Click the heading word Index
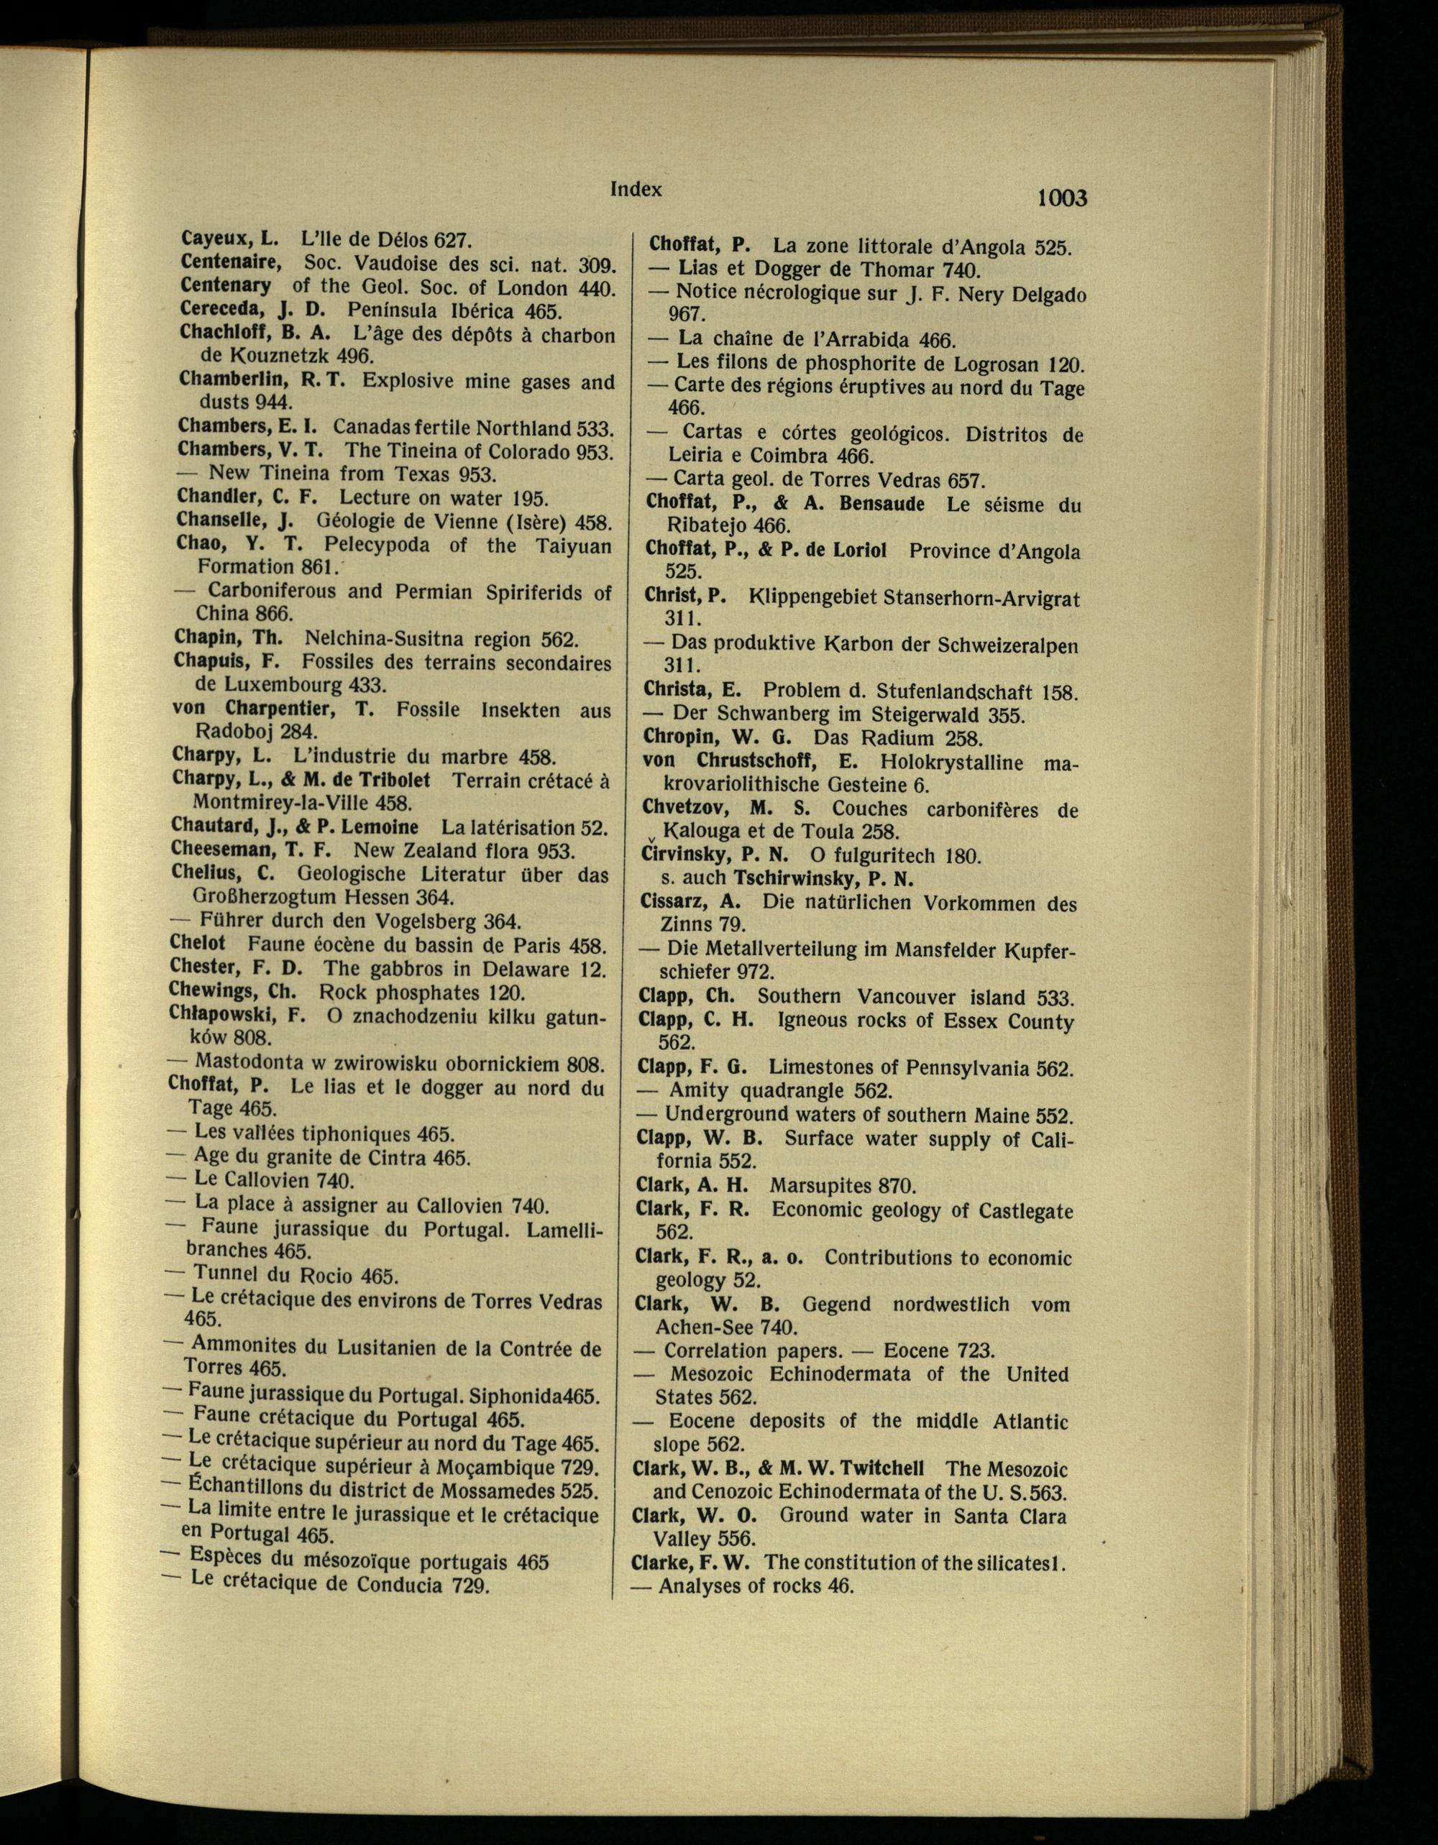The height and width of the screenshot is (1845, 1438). point(636,189)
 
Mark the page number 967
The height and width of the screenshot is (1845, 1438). point(685,314)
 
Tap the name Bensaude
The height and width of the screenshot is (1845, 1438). point(882,505)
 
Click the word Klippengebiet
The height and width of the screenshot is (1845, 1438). point(812,598)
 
